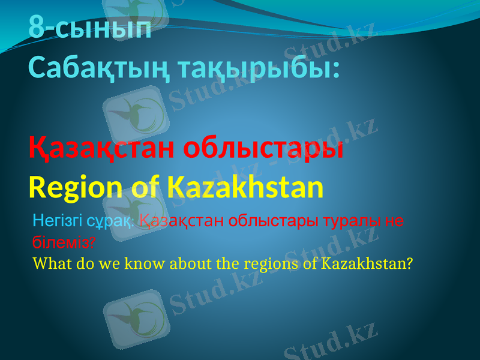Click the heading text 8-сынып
[x=90, y=29]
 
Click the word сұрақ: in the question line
[x=111, y=221]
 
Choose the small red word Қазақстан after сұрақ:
[x=182, y=221]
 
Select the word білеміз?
[x=64, y=242]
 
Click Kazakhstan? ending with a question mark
[x=367, y=263]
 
